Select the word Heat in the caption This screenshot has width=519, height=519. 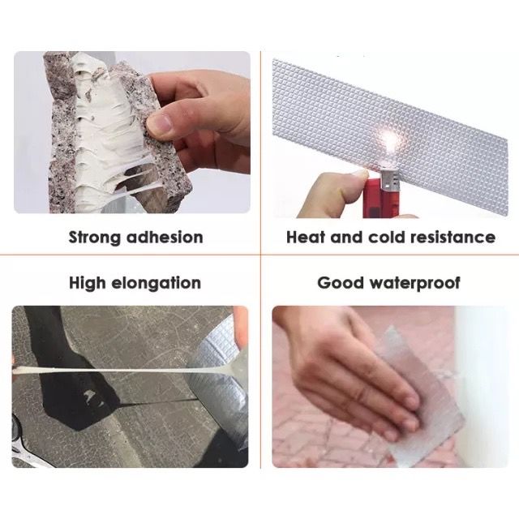[305, 238]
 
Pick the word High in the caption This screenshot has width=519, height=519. [87, 284]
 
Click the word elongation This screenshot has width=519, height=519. [156, 284]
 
